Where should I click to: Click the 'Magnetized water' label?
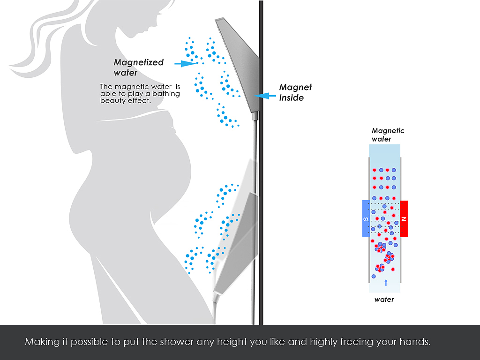[x=138, y=67]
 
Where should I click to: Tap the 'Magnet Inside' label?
[x=295, y=92]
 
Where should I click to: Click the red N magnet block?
[x=404, y=218]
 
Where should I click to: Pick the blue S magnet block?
[x=366, y=218]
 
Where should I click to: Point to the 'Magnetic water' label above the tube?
[x=388, y=135]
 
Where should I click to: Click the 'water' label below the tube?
[x=384, y=300]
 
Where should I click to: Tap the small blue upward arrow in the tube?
[x=386, y=282]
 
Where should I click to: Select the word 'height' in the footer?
[x=231, y=342]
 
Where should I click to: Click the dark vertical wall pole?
[x=261, y=187]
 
